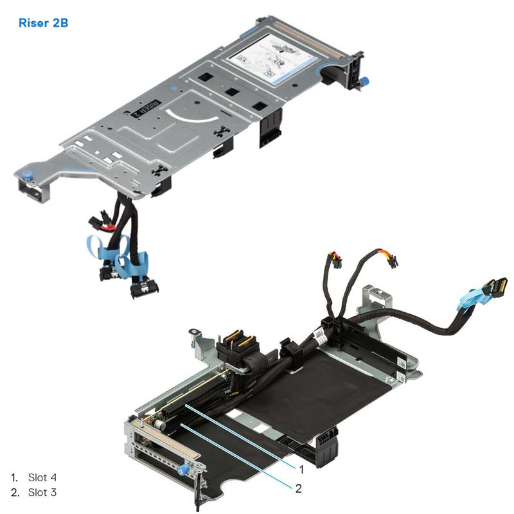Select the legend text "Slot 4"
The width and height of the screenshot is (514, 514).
[x=42, y=477]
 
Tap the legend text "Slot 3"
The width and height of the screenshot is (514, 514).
[x=42, y=492]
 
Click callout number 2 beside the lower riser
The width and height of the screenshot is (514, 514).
[x=299, y=488]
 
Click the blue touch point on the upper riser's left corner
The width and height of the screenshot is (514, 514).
[x=26, y=174]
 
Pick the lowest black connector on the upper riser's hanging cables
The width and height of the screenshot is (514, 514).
[x=143, y=291]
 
